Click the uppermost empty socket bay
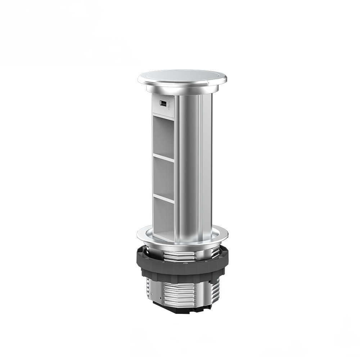(164, 135)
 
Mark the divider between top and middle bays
(164, 158)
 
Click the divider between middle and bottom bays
(164, 198)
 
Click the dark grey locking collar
(180, 268)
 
